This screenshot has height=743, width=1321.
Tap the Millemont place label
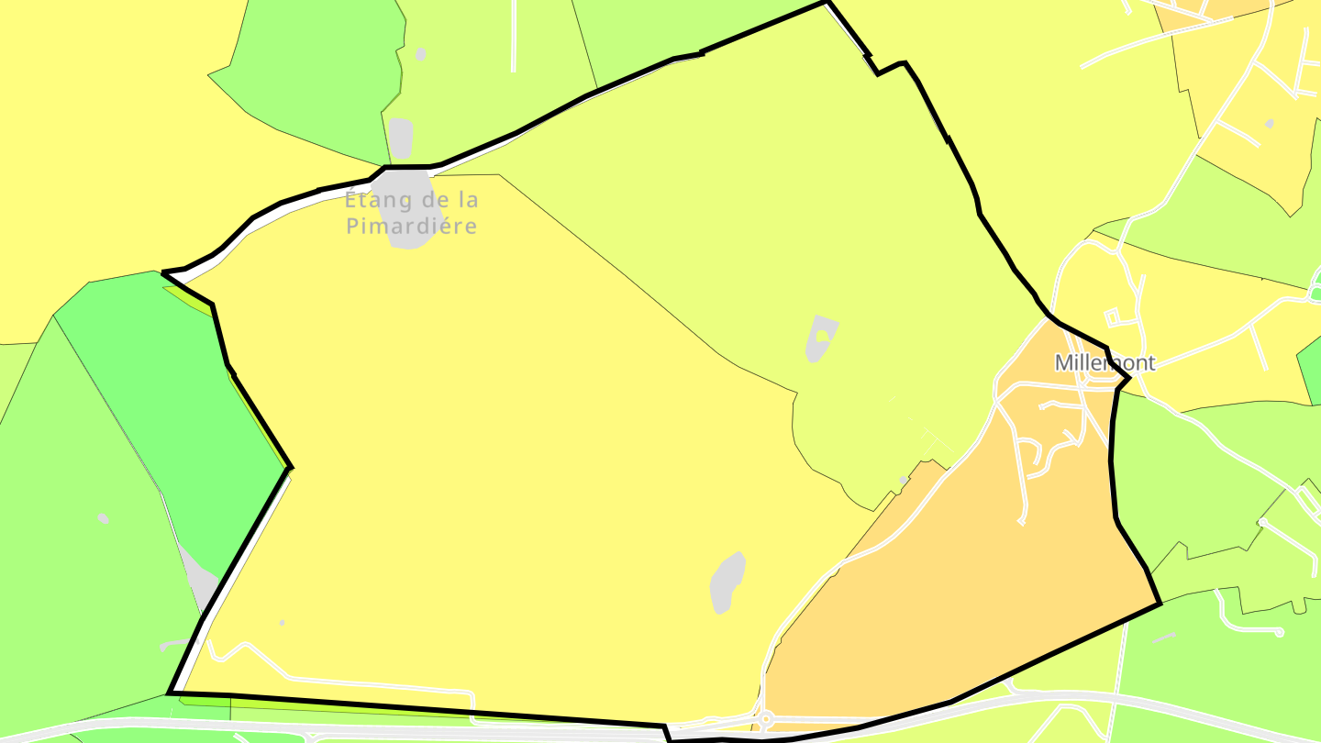point(1105,362)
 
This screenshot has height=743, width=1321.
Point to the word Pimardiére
point(412,226)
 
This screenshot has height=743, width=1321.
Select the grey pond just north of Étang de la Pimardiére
point(400,138)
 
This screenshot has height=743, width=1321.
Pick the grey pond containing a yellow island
point(821,338)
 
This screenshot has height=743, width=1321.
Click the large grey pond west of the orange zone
point(727,582)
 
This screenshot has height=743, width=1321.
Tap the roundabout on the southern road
point(765,718)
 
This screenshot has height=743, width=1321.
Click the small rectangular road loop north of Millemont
point(1112,318)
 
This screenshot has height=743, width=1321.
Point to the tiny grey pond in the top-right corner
point(1270,124)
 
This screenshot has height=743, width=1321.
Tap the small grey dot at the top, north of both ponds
point(421,54)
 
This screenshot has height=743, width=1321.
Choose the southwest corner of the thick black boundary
point(170,693)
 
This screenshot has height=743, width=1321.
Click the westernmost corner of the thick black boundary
point(163,272)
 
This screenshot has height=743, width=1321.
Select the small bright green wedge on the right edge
point(1310,367)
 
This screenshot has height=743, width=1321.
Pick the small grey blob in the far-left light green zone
point(104,519)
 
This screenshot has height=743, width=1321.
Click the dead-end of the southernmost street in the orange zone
point(1022,522)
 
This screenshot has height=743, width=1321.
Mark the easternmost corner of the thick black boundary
point(1160,604)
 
